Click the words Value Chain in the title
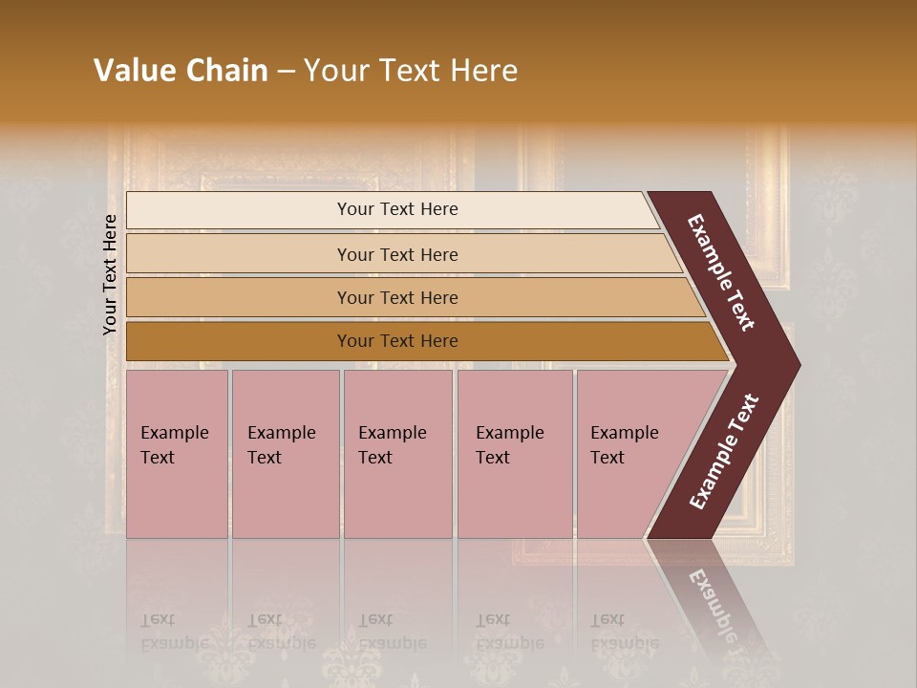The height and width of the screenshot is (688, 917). tap(181, 71)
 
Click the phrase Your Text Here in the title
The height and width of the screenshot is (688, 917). tap(411, 71)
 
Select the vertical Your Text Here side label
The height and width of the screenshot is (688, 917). tap(110, 274)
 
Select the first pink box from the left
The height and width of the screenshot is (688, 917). tap(177, 478)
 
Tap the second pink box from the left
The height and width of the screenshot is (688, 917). tap(285, 478)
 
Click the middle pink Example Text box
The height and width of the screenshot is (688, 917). tap(396, 478)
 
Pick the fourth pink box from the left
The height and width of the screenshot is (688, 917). tap(514, 478)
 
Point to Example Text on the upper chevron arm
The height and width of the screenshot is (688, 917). tap(721, 272)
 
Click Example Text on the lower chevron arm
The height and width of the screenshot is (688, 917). tap(724, 451)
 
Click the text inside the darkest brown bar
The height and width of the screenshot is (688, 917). tap(397, 341)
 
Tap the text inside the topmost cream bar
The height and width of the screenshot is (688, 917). tap(397, 209)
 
